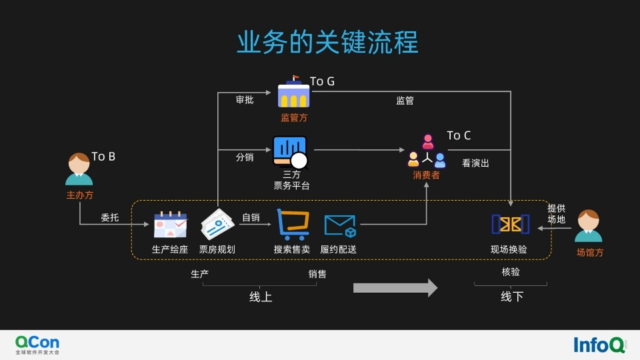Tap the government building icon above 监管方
tap(294, 93)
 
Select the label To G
tap(322, 81)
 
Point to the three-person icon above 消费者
tap(427, 151)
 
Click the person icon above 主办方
tap(79, 170)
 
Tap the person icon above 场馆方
tap(589, 227)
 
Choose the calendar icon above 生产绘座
tap(170, 225)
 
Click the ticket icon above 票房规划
tap(217, 225)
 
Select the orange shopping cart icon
tap(293, 224)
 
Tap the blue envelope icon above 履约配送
tap(339, 225)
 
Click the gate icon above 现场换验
tap(510, 224)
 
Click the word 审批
tap(245, 100)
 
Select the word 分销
tap(245, 158)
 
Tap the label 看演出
tap(475, 163)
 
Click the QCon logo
tap(37, 344)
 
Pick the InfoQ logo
tap(599, 344)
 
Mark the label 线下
tap(512, 297)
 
